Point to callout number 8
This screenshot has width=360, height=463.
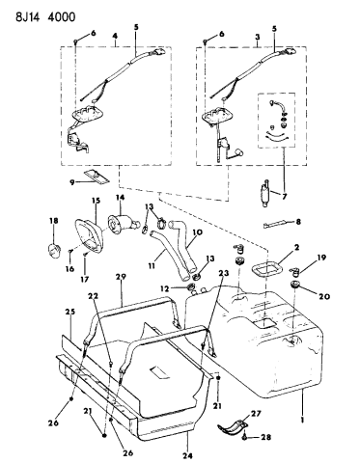(x=324, y=223)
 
